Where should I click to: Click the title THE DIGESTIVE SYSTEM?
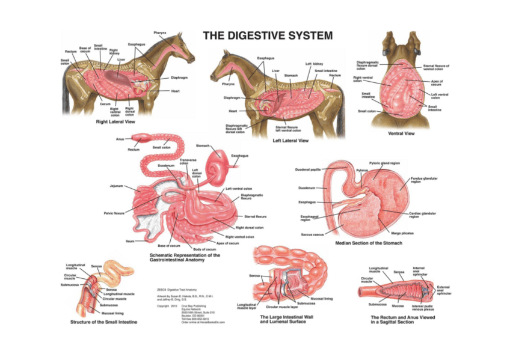267,36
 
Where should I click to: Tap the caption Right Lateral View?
118,121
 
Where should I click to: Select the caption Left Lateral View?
290,141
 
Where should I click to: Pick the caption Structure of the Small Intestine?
104,322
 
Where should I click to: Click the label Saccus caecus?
313,234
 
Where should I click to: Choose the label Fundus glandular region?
424,180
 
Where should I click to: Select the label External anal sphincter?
443,291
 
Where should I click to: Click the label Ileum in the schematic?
130,240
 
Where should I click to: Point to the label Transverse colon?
188,161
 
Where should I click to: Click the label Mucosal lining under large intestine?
321,297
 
